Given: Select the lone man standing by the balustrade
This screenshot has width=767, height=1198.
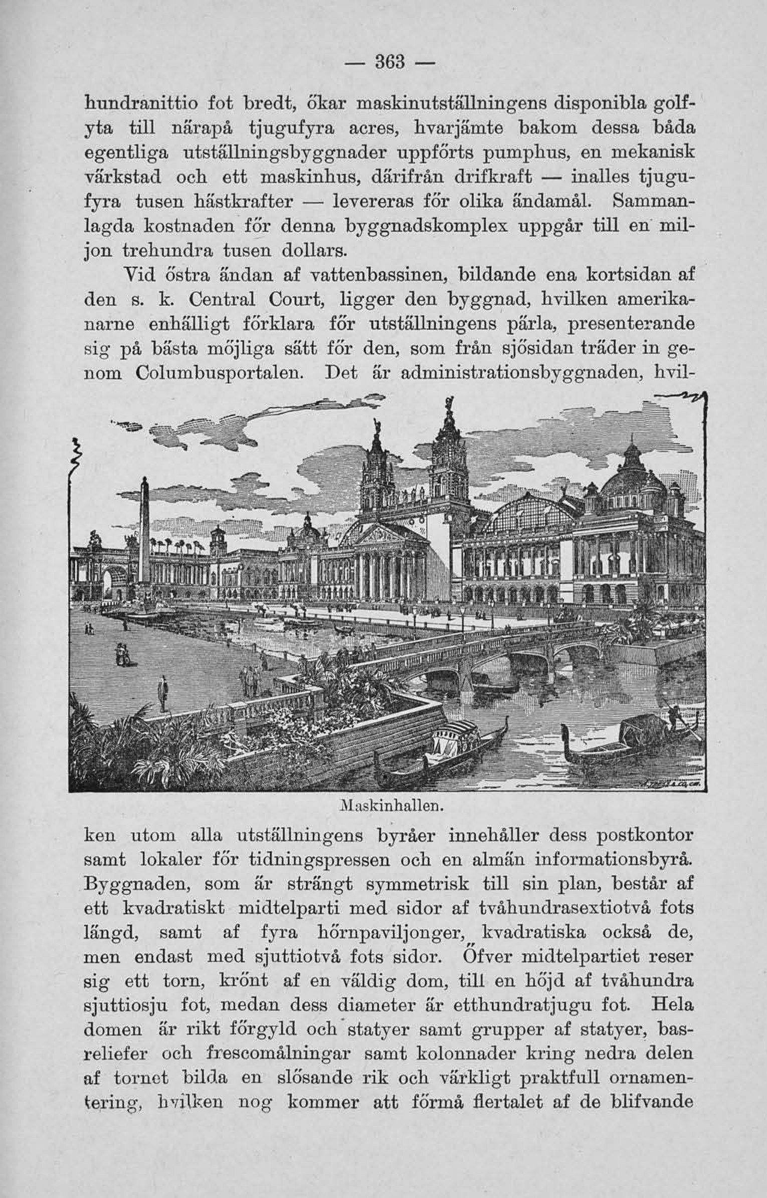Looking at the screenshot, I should point(162,692).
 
